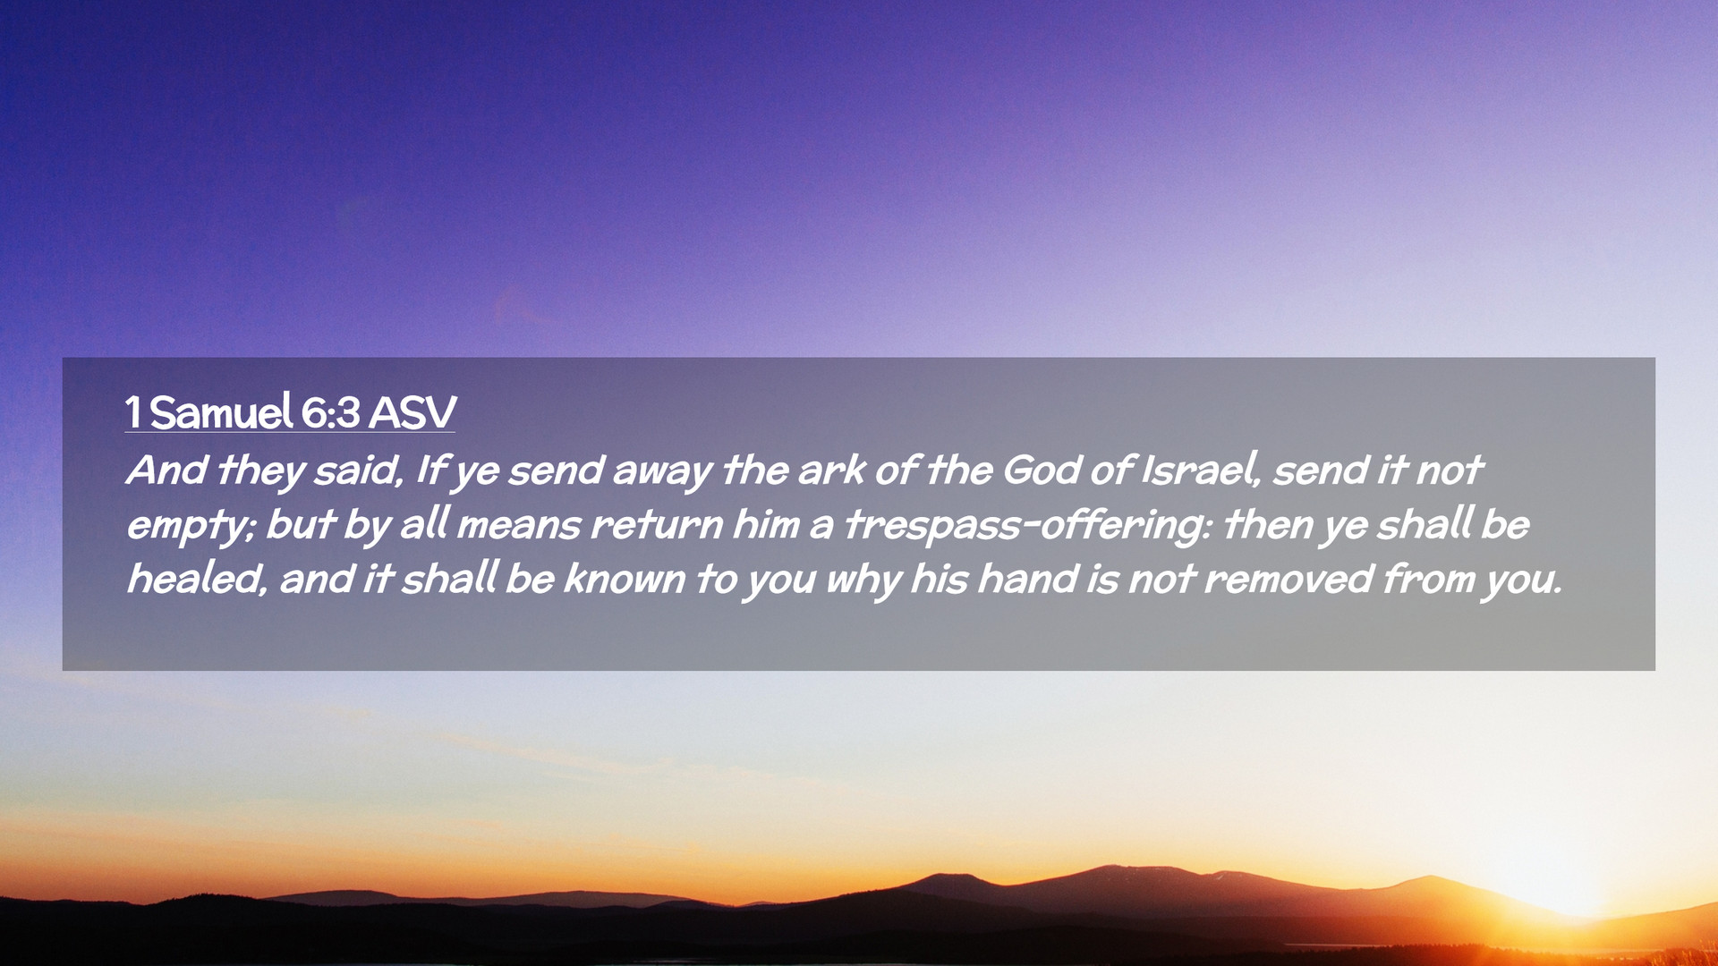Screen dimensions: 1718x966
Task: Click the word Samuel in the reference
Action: point(221,412)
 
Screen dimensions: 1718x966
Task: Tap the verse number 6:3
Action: point(330,413)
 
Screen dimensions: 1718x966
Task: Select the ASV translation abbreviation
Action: point(412,413)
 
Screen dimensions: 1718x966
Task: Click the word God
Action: point(1042,470)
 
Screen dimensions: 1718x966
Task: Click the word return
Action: point(656,525)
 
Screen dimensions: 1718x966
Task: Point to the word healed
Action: point(197,580)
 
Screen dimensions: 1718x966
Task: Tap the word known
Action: point(623,579)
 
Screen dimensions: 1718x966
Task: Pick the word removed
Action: point(1288,580)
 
